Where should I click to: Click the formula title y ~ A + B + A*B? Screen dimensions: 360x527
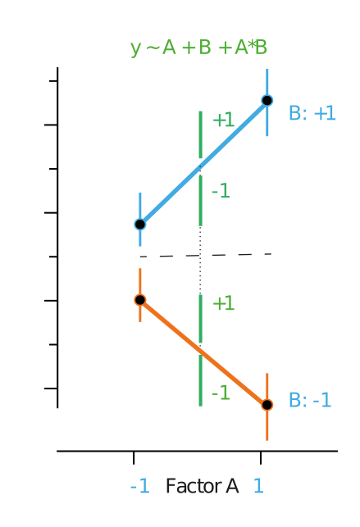[x=198, y=48]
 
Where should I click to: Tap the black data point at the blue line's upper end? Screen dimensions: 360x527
[x=267, y=100]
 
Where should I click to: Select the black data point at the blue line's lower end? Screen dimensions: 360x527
[x=140, y=225]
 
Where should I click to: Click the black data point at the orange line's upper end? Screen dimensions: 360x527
[x=140, y=300]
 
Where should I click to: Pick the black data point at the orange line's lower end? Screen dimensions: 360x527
[x=267, y=405]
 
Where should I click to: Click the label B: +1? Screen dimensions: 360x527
[x=312, y=113]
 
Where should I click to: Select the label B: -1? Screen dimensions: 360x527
[x=310, y=400]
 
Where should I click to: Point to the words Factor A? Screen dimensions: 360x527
[x=202, y=486]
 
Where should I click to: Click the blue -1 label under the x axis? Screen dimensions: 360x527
[x=140, y=486]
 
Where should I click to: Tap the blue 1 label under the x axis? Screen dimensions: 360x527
[x=258, y=486]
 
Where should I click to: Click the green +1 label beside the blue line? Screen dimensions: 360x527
[x=224, y=120]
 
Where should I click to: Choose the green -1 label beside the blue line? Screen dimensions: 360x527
[x=221, y=191]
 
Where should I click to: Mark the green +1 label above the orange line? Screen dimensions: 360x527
[x=224, y=303]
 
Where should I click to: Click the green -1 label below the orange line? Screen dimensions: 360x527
[x=221, y=393]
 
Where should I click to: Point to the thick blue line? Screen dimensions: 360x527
[x=203, y=162]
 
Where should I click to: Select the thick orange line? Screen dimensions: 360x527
[x=203, y=352]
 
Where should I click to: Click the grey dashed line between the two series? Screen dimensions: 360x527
[x=206, y=256]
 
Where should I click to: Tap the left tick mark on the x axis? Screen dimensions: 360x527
[x=134, y=458]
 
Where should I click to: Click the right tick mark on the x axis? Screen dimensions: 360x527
[x=261, y=458]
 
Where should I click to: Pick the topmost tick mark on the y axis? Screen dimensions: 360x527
[x=53, y=81]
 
